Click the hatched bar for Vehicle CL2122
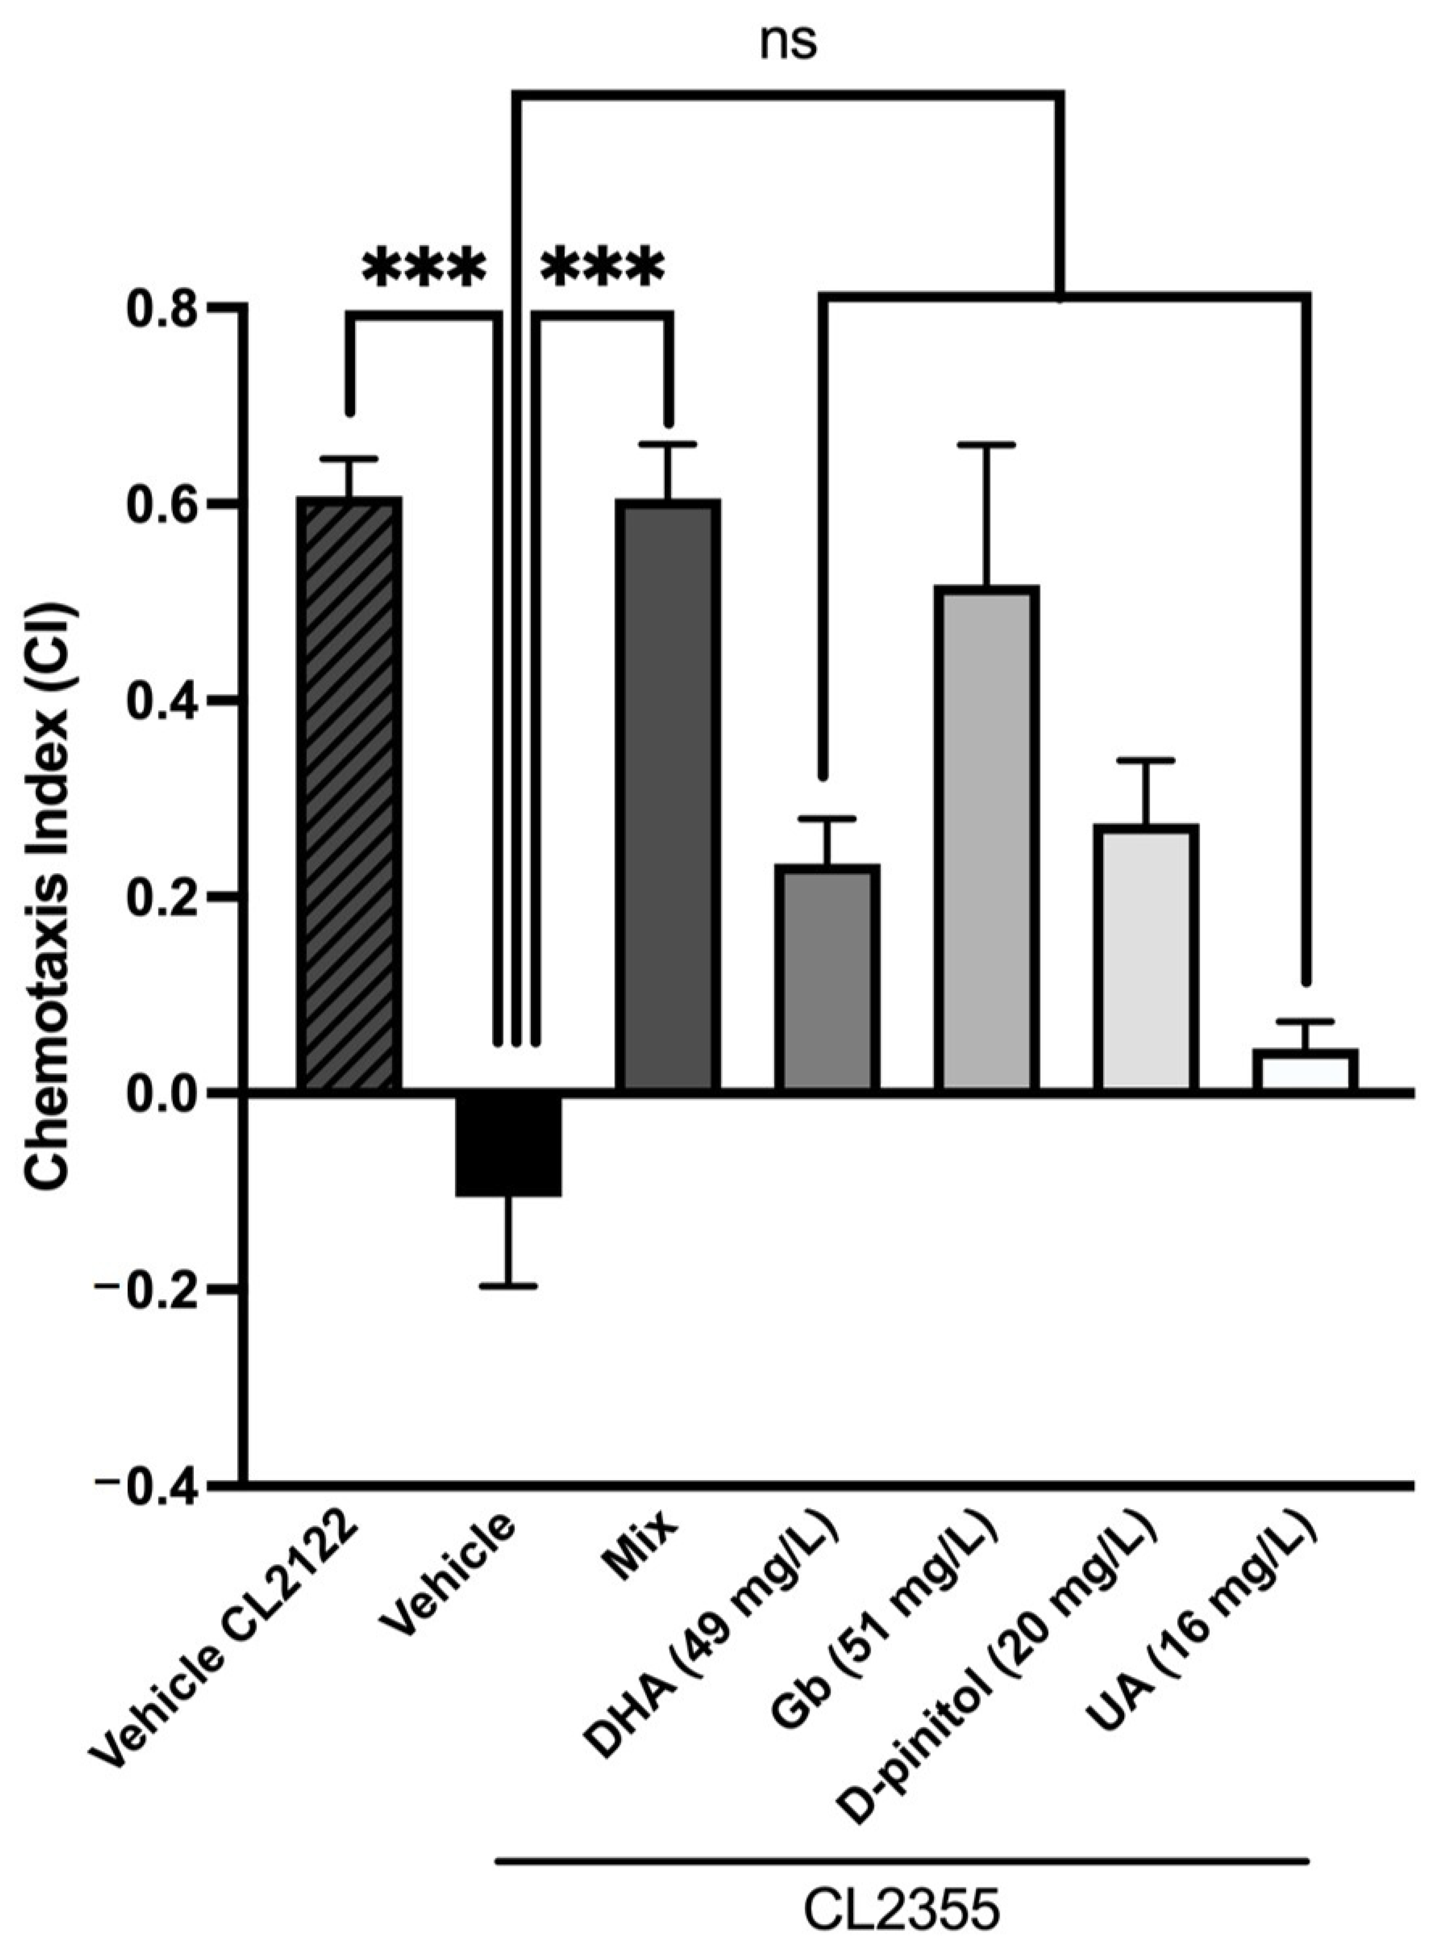tap(349, 794)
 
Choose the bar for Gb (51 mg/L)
tap(986, 839)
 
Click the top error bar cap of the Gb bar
tap(986, 445)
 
